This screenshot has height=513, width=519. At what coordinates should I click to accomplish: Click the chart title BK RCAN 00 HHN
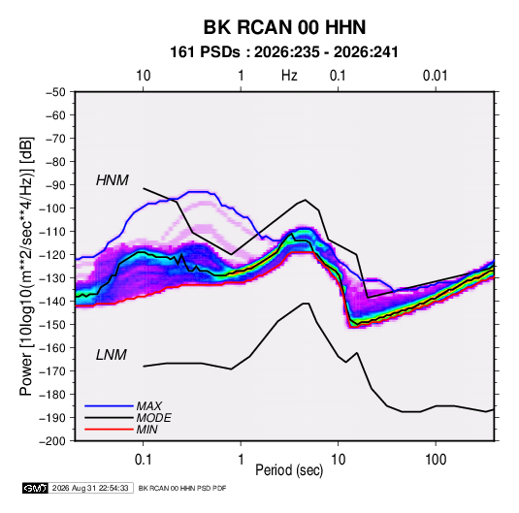click(x=284, y=27)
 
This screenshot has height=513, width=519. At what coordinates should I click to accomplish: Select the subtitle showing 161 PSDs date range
click(x=284, y=52)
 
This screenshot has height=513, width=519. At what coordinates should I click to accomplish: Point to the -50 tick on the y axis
click(x=55, y=92)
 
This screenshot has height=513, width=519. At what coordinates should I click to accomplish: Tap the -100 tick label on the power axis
click(x=52, y=208)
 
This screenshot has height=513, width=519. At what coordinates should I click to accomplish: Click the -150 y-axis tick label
click(x=52, y=325)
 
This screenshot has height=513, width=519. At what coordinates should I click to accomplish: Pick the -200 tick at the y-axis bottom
click(x=52, y=441)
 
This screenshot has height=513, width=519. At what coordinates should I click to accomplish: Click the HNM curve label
click(x=113, y=180)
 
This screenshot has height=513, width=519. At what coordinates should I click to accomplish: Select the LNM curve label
click(x=112, y=355)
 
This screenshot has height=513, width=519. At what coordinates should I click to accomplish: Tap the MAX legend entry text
click(x=149, y=406)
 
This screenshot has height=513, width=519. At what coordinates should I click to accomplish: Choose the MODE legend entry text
click(x=153, y=418)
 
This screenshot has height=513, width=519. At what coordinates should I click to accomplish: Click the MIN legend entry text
click(x=146, y=430)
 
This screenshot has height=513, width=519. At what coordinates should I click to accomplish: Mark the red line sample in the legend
click(x=109, y=430)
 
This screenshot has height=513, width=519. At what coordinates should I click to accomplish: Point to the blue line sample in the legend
click(x=109, y=406)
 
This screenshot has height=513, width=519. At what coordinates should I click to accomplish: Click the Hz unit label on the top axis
click(x=289, y=76)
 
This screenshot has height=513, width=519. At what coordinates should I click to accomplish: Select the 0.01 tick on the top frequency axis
click(x=435, y=76)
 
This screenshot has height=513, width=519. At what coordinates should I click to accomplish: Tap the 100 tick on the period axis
click(x=436, y=460)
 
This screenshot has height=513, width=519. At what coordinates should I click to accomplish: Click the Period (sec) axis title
click(x=289, y=470)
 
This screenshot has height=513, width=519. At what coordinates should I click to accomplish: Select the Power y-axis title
click(x=26, y=267)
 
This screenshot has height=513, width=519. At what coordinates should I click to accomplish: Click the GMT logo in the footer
click(x=35, y=488)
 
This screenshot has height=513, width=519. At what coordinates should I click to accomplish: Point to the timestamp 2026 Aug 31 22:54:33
click(x=90, y=488)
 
